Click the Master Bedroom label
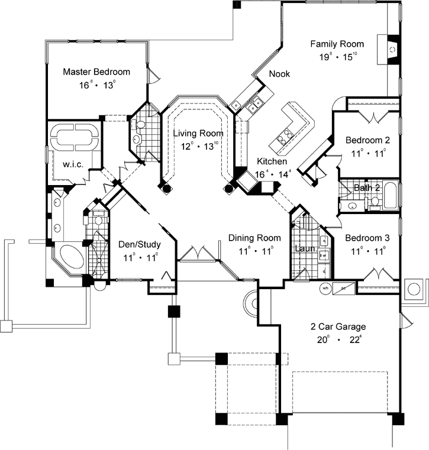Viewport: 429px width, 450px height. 96,72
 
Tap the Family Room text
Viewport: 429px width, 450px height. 337,44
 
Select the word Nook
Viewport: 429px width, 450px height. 279,74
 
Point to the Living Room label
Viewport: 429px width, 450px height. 198,134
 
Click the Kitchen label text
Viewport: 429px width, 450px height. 272,161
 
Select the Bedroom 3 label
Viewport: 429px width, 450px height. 367,238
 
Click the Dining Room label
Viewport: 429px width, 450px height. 254,238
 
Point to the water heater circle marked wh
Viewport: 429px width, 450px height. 325,288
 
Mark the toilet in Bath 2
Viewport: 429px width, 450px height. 375,202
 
